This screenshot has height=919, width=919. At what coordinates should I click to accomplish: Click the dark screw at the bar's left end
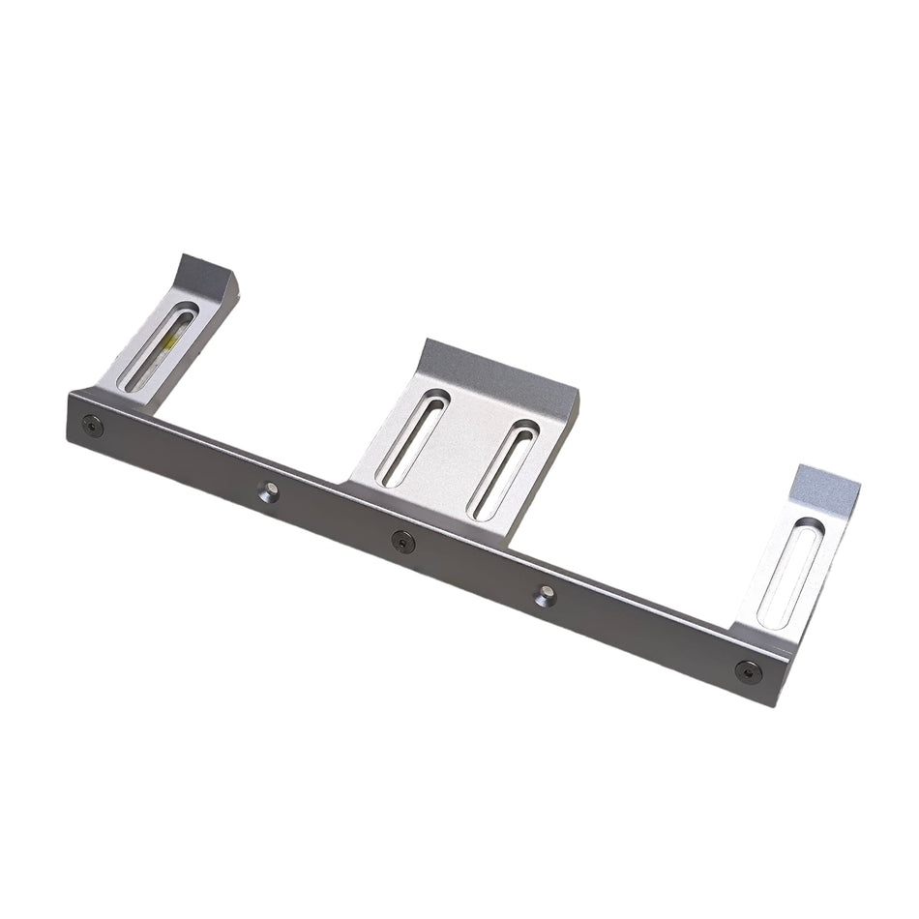pos(90,423)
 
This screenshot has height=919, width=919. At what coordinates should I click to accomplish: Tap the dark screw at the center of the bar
pos(402,542)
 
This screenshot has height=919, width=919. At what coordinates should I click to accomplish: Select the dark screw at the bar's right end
pos(747,670)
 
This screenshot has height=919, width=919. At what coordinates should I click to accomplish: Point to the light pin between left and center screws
pos(270,492)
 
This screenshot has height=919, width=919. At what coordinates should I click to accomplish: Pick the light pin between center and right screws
pos(546,597)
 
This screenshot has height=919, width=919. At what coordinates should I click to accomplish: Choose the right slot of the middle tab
pos(503,468)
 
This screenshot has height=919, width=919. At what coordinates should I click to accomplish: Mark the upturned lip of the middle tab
pos(493,369)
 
